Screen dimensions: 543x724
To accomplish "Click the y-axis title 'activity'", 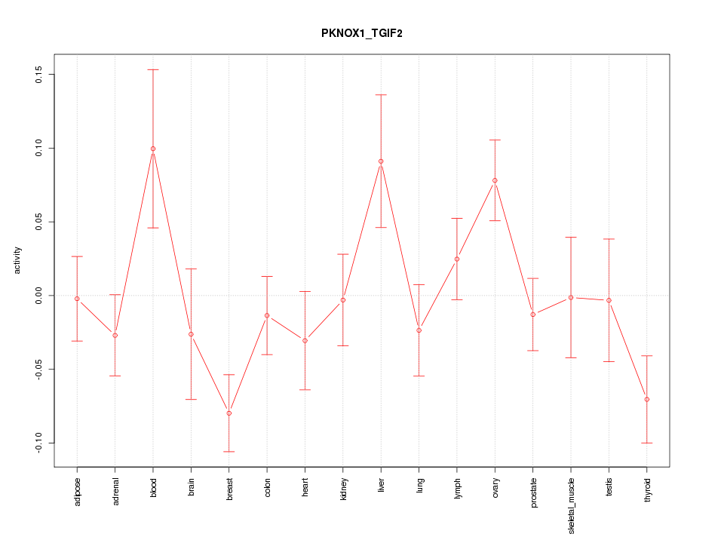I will (x=17, y=260).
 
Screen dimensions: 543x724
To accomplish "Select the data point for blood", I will (x=153, y=149).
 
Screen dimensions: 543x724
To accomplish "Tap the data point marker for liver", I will (x=381, y=161).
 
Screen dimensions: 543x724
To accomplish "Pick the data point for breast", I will (x=229, y=413).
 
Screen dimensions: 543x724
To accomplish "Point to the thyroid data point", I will (x=647, y=399).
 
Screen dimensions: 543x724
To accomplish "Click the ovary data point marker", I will (x=495, y=180).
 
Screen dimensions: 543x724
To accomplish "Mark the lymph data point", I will (x=457, y=259).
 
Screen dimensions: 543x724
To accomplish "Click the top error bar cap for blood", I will (x=153, y=69).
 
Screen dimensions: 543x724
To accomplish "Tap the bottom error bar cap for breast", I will (x=229, y=451).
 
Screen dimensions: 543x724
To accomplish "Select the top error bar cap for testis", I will (x=609, y=239).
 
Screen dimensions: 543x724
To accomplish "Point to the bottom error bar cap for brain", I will (x=191, y=399).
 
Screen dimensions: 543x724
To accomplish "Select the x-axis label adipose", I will (x=77, y=491).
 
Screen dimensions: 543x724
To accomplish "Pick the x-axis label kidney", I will (x=343, y=489).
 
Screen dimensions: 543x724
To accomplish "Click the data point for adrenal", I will (x=115, y=335).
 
